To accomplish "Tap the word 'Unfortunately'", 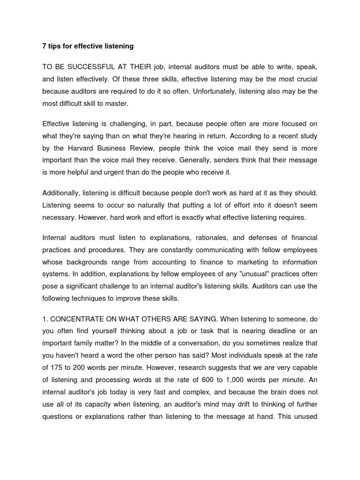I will (210, 91).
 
